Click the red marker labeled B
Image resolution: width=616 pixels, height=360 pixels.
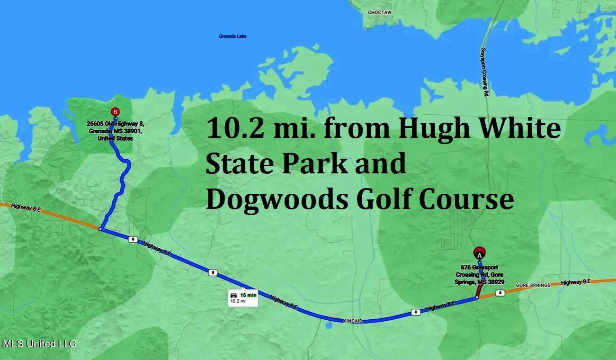point(115,112)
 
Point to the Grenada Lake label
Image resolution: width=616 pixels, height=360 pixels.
point(232,36)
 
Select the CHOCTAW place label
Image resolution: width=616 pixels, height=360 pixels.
point(380,13)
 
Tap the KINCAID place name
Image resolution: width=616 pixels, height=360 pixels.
point(352,321)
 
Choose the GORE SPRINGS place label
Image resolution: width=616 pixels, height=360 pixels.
point(533,285)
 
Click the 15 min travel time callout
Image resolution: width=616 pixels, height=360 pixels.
point(243,297)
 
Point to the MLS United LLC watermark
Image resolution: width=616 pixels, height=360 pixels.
point(39,344)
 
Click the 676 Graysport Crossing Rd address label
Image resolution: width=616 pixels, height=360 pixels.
point(480,275)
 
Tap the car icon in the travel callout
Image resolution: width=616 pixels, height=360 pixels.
point(233,295)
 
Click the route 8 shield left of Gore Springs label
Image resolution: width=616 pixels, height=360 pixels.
point(499,293)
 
